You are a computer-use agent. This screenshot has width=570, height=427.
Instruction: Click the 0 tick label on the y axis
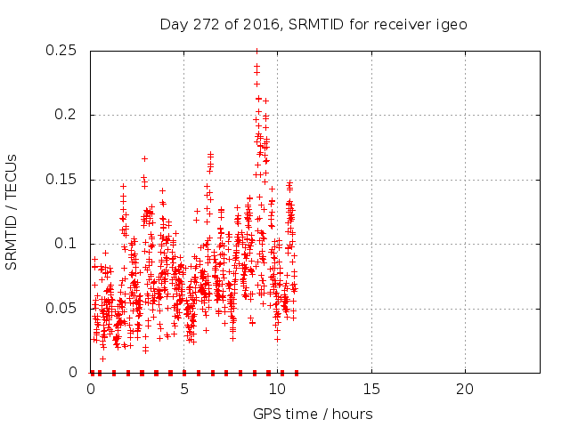coord(77,372)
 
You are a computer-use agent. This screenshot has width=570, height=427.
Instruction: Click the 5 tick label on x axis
coord(184,390)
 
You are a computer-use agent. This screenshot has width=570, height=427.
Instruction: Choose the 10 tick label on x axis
coord(277,390)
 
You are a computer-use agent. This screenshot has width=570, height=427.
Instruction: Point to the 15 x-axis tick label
coord(370,390)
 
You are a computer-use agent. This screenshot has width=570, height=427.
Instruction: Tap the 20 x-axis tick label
coord(464,390)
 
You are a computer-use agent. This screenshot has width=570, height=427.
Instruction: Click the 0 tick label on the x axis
coord(91,390)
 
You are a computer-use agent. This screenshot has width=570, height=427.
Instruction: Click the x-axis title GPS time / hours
coord(313,414)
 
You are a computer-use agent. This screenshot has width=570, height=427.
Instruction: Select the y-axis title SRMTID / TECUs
coord(12,212)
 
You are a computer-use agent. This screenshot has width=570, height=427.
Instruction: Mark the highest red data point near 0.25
coord(256,51)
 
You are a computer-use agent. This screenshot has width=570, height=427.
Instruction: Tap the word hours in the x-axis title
coord(353,414)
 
